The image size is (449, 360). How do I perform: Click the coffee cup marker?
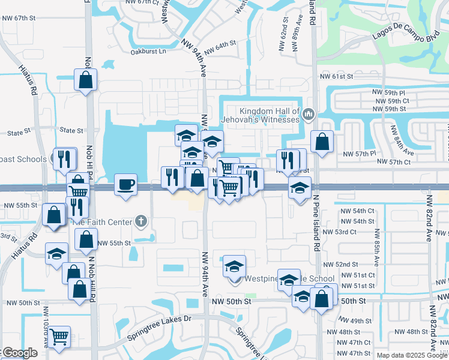(125, 184)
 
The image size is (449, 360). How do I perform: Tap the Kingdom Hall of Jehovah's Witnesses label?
(270, 115)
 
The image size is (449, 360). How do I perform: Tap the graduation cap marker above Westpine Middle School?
(235, 266)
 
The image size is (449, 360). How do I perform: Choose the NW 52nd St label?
(340, 265)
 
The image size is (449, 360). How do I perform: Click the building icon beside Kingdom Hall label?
(308, 113)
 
